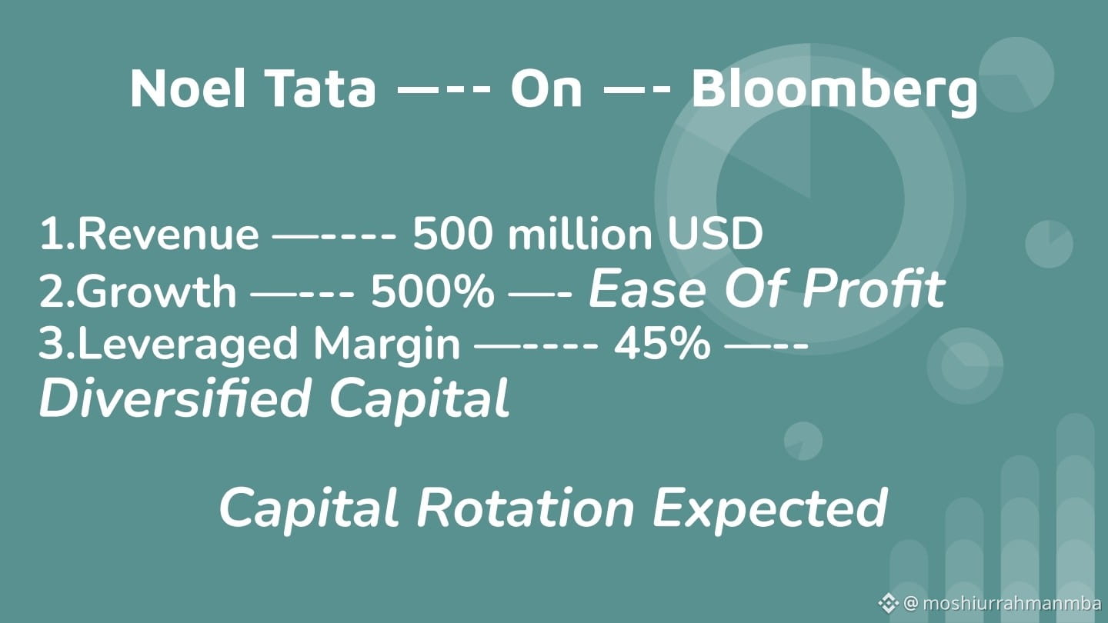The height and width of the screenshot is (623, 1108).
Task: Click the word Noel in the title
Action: point(188,88)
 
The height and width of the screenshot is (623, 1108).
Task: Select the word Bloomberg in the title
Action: point(834,92)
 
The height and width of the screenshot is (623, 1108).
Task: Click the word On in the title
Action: point(546,89)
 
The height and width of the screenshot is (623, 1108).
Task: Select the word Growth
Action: point(155,291)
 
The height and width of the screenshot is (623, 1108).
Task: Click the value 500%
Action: point(432,291)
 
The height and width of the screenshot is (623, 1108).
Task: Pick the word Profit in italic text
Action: point(874,288)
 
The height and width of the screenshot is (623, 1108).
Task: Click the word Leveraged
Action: point(188,344)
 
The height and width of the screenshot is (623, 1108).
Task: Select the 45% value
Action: point(662,343)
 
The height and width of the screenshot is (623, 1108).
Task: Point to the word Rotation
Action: point(526,508)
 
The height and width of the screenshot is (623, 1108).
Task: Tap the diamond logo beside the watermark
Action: point(889,603)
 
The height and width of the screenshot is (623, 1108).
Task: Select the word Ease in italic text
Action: point(646,288)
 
